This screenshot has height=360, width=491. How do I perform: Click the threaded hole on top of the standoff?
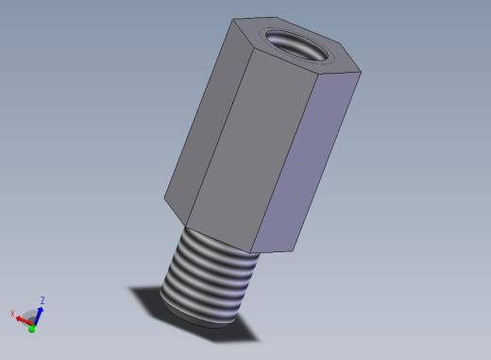(296, 45)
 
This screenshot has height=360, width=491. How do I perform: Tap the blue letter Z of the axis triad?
(42, 300)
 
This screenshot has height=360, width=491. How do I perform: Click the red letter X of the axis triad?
(12, 314)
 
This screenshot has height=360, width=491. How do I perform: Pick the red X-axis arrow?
(24, 320)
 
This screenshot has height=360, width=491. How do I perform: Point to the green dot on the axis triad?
(31, 329)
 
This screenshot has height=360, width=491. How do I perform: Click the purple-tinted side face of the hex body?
(306, 163)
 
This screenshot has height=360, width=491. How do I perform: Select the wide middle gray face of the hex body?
(252, 151)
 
